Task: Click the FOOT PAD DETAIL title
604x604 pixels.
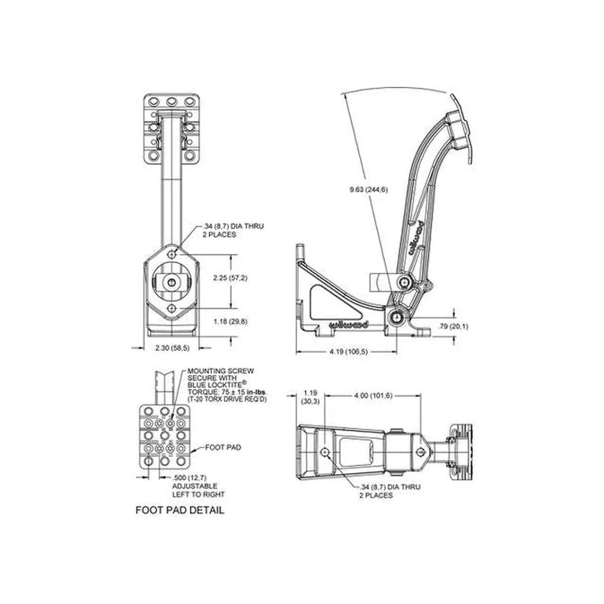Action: click(x=179, y=510)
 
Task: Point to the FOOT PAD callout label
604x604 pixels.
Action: click(x=224, y=447)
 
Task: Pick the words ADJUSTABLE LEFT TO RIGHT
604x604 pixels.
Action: click(x=198, y=490)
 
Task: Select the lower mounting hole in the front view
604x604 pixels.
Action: click(x=172, y=308)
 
